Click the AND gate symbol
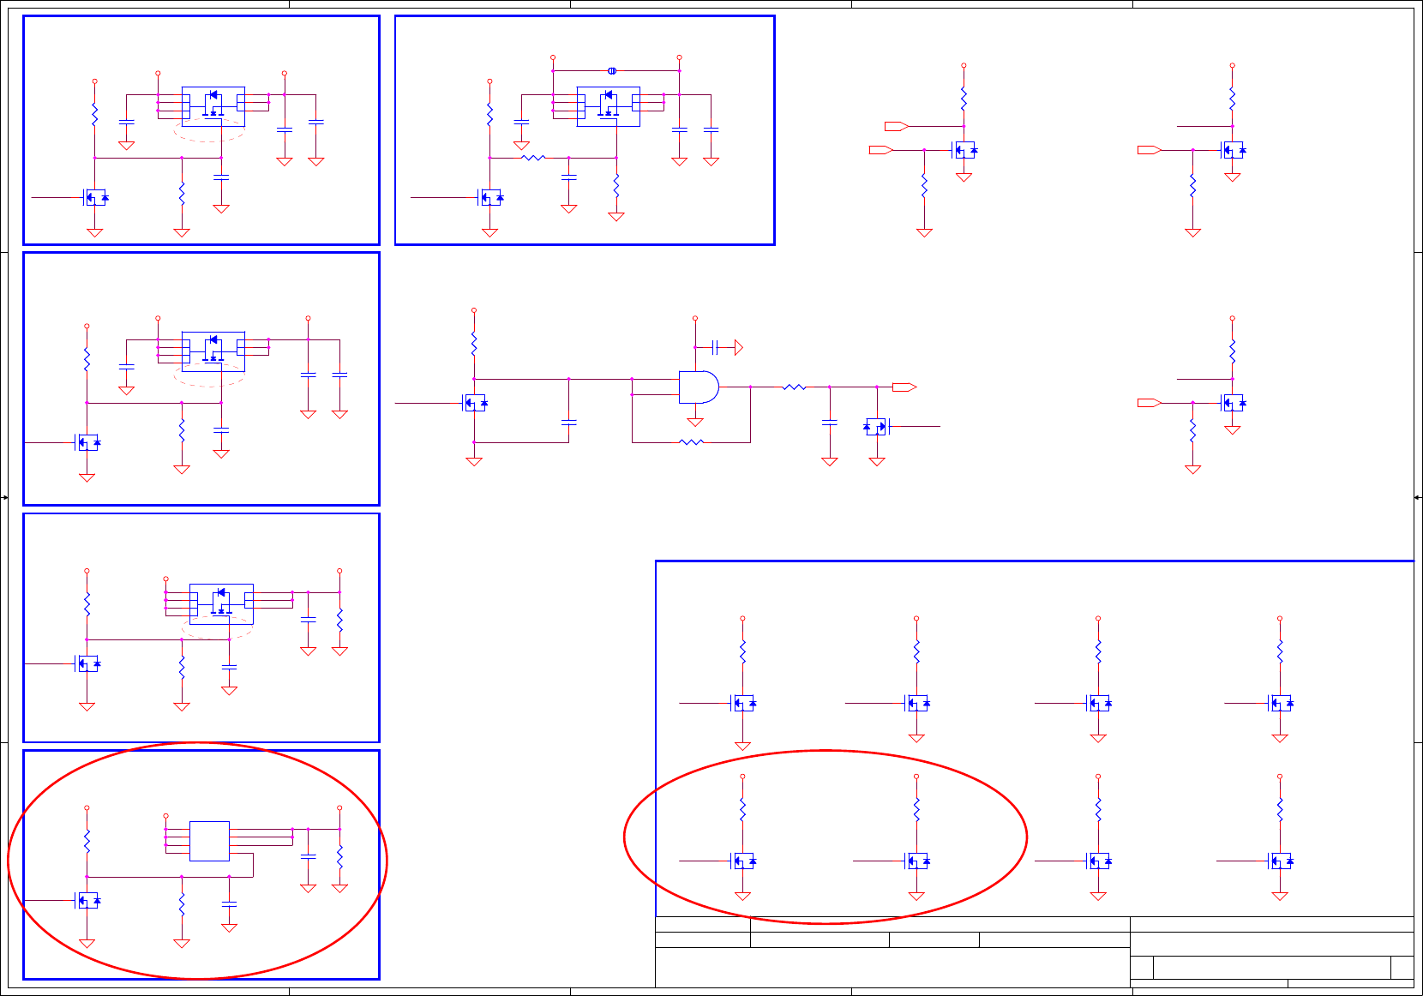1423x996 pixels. [698, 387]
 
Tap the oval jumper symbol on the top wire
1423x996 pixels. [612, 70]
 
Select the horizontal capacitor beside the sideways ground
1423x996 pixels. [714, 347]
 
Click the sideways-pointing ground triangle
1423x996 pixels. [738, 347]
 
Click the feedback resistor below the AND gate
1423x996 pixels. [691, 442]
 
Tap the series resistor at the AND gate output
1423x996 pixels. [794, 387]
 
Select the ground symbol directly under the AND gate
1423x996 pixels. [695, 422]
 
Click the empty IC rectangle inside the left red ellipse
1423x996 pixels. [209, 841]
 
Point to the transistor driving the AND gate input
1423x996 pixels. [475, 403]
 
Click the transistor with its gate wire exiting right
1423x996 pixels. [876, 426]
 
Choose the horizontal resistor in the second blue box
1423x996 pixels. [533, 158]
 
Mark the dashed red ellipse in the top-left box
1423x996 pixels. [209, 131]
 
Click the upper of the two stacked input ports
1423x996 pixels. [896, 126]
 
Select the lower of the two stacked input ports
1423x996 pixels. [880, 150]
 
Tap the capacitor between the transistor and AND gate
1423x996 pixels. [568, 422]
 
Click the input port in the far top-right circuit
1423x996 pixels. [1149, 150]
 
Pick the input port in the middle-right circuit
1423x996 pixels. [1149, 403]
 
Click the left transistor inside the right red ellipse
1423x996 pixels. [743, 861]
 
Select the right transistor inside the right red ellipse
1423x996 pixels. [917, 861]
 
